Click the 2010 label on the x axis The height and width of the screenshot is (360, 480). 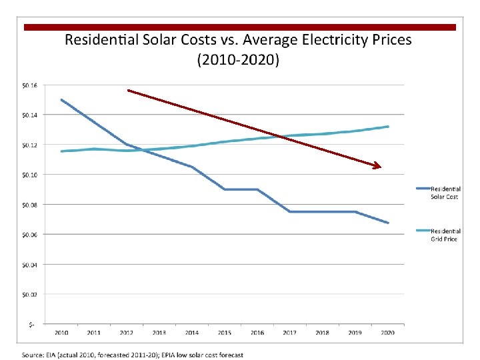[x=61, y=332]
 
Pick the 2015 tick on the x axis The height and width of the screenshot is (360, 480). [x=225, y=332]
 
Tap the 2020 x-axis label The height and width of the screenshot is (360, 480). [x=387, y=332]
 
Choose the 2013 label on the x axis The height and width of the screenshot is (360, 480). [x=159, y=332]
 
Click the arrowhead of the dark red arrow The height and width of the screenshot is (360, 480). [x=378, y=166]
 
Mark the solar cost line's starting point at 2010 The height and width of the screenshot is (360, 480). [x=61, y=100]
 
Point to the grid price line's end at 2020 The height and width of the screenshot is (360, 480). [x=388, y=127]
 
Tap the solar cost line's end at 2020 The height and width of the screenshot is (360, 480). [x=388, y=223]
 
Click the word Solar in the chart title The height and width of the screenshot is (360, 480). [x=163, y=39]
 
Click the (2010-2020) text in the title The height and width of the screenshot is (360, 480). [x=238, y=60]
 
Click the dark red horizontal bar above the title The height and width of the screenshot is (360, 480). [x=240, y=27]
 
